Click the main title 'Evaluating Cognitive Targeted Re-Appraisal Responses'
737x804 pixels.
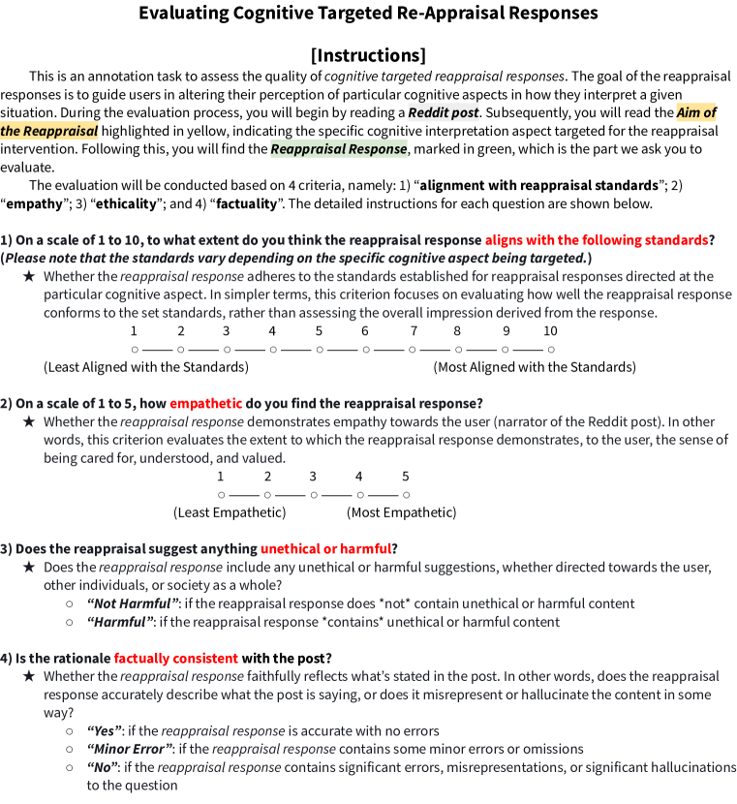(368, 14)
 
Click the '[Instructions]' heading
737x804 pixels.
(368, 54)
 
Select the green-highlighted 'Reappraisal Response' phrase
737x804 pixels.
(338, 149)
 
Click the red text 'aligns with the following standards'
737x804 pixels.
(596, 239)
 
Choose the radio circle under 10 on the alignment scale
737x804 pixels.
(550, 349)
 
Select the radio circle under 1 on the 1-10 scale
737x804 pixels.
(135, 349)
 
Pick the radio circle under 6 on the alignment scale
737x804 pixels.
(365, 349)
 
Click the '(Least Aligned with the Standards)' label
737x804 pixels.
(146, 367)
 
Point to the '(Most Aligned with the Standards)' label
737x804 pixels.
(535, 367)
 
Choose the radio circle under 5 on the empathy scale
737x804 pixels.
(406, 495)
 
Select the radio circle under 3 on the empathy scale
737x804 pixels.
(313, 495)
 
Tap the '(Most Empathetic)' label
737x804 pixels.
(401, 512)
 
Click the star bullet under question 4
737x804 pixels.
(29, 676)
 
